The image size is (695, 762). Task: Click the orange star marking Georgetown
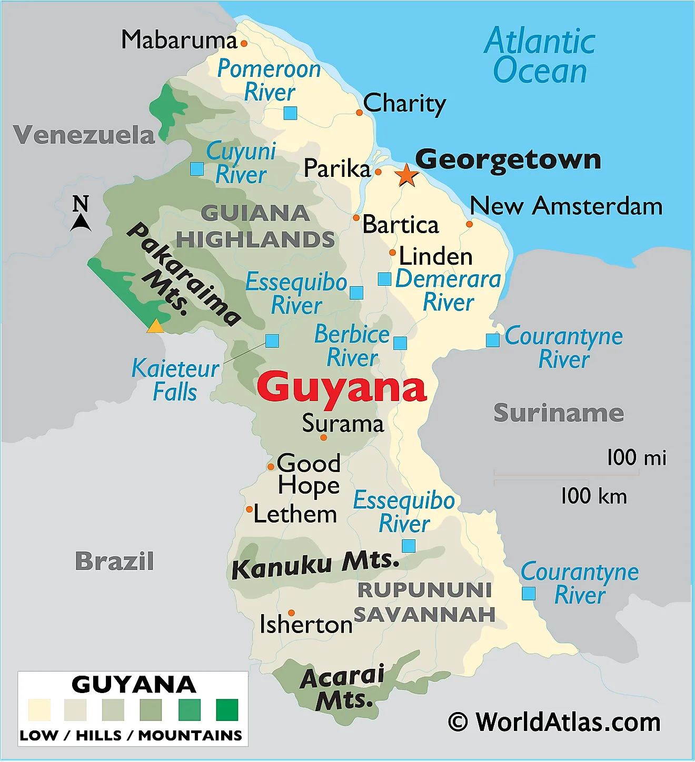406,175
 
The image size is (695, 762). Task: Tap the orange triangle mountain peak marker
155,327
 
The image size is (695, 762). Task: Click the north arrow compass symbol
81,213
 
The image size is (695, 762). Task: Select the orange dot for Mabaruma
244,44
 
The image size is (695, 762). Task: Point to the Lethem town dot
250,509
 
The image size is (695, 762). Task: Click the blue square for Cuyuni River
197,169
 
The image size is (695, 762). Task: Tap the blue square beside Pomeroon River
290,113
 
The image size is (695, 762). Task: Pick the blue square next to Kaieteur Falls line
272,341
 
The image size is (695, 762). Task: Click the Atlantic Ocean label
540,56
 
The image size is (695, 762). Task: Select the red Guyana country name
342,387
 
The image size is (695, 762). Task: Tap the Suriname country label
559,413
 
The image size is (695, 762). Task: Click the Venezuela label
84,135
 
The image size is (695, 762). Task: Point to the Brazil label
114,561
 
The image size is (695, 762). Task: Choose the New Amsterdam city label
566,206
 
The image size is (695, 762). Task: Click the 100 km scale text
594,496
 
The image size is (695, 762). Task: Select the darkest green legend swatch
227,710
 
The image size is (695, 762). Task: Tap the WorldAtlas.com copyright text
554,722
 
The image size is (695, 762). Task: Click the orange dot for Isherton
291,613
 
